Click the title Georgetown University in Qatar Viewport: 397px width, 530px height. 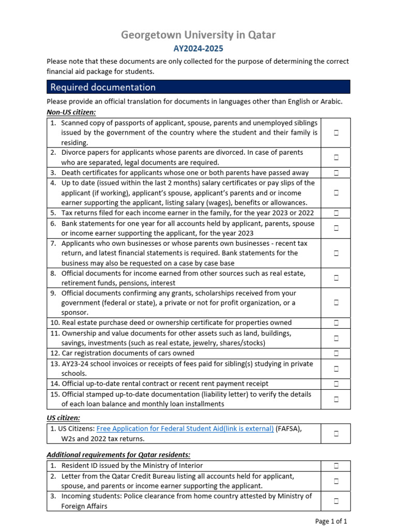[198, 35]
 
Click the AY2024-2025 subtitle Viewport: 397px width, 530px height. [198, 49]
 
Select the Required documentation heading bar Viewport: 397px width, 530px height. [198, 87]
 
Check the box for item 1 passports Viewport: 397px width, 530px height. [336, 133]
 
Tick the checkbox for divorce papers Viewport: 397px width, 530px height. [336, 157]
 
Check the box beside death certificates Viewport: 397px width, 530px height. [336, 173]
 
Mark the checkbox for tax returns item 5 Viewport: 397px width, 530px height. [336, 213]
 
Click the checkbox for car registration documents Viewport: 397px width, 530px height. [336, 354]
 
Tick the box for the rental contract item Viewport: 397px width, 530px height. [336, 384]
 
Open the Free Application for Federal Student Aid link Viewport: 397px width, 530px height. [185, 429]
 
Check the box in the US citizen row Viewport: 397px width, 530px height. [336, 434]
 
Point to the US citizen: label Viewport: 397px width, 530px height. [64, 418]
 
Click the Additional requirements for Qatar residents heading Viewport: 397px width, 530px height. [118, 454]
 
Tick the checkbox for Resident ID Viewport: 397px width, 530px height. [336, 466]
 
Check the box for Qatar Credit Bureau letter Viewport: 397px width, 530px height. [336, 481]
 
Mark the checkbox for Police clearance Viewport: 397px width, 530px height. [336, 501]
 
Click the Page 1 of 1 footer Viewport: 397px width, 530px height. [331, 521]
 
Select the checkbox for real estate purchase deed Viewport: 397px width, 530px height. [336, 323]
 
